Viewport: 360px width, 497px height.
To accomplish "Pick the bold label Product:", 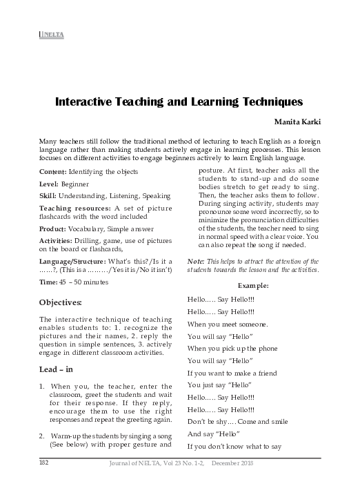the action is [54, 228].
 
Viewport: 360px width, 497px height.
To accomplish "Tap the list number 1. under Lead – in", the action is [43, 386].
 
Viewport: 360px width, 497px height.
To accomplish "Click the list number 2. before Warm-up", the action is [43, 436].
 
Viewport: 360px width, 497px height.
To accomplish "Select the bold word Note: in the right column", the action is [196, 262].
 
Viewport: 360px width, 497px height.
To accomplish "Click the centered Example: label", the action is [253, 285].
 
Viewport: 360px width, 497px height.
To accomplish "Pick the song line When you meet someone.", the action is [228, 324].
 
